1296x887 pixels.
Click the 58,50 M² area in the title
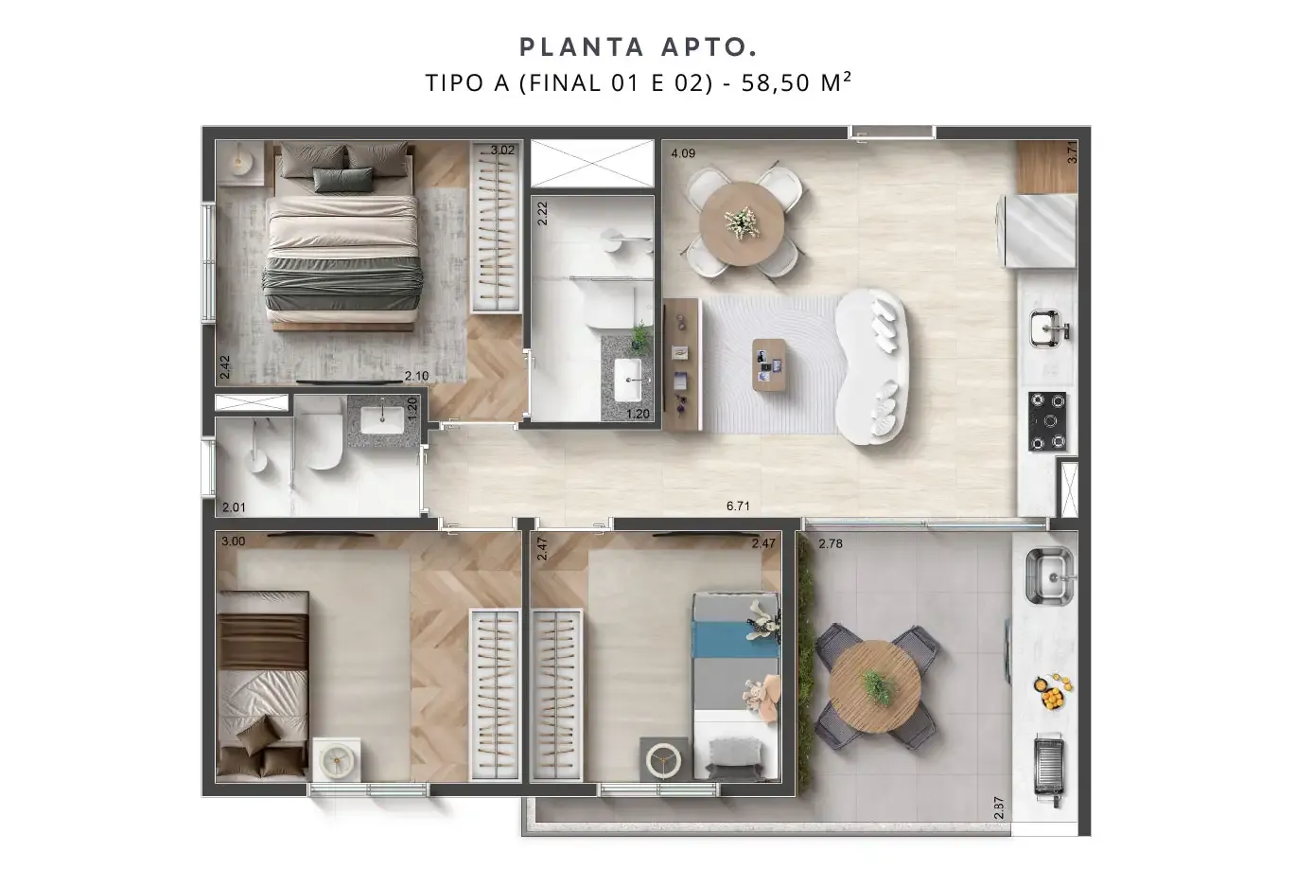[x=797, y=82]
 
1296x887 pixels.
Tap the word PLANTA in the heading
[x=582, y=47]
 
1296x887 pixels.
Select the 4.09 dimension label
[x=683, y=153]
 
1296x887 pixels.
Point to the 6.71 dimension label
[x=738, y=506]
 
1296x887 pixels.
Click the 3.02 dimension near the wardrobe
[x=502, y=151]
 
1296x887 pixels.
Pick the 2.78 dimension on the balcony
[x=831, y=543]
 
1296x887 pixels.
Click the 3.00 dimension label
[x=233, y=541]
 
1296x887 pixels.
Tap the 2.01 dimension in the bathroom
[x=234, y=507]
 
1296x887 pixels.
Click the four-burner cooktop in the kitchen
[x=1047, y=421]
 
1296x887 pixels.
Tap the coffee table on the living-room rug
[x=769, y=364]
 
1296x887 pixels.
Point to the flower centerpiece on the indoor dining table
[x=741, y=222]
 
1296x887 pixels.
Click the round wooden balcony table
[x=874, y=686]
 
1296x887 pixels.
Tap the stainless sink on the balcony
[x=1049, y=577]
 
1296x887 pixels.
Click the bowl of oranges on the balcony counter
[x=1054, y=691]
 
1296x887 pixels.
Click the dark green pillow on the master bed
[x=343, y=180]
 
